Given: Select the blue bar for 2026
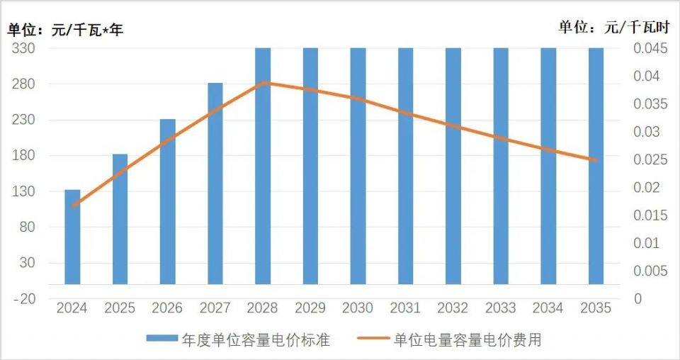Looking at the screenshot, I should [x=167, y=201].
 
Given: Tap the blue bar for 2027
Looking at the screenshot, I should [x=215, y=184].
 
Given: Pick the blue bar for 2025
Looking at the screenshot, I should [x=120, y=219].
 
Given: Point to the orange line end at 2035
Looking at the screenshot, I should [x=596, y=160].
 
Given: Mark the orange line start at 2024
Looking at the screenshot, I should [x=72, y=206].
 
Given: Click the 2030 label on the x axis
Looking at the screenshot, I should [x=358, y=308].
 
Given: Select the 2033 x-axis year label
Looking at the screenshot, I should [x=500, y=308].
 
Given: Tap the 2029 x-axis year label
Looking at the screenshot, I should [x=310, y=308].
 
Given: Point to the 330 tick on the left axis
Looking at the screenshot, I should [x=25, y=48].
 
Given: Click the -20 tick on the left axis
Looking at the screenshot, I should [x=25, y=298].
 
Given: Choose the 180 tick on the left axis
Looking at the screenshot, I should [x=25, y=155].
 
